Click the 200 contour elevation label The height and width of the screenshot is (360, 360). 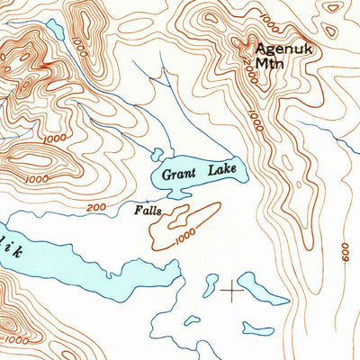96,208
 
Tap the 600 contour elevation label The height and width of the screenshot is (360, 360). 346,254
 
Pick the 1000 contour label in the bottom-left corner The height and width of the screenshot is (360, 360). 15,341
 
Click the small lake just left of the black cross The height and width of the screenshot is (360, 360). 211,286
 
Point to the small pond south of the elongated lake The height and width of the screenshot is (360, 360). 258,326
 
